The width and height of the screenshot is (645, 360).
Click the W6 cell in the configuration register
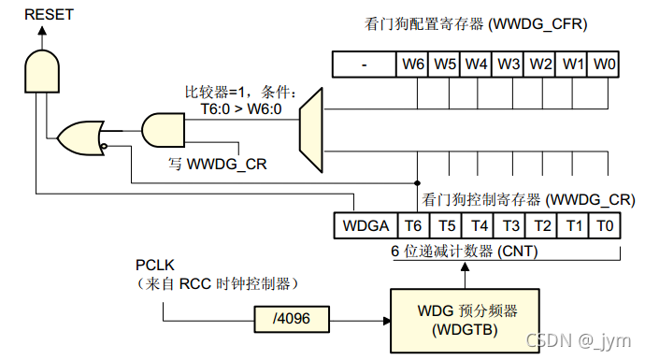click(x=412, y=65)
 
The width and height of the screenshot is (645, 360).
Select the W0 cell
click(x=606, y=65)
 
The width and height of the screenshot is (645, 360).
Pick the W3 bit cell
click(x=509, y=65)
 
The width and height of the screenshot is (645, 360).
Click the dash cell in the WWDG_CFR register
click(x=365, y=65)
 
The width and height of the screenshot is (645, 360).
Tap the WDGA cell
click(x=365, y=225)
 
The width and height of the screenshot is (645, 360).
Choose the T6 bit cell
click(x=412, y=225)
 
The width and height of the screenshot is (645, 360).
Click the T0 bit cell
click(x=606, y=225)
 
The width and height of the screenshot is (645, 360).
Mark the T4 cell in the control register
click(x=478, y=225)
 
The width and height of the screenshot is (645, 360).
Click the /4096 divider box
click(x=292, y=320)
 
